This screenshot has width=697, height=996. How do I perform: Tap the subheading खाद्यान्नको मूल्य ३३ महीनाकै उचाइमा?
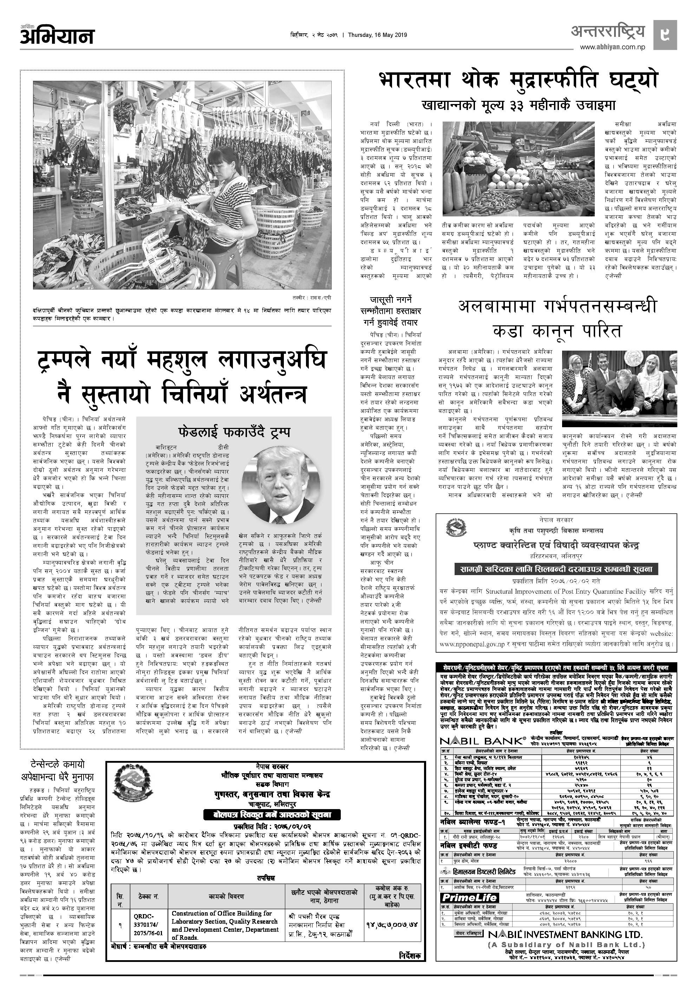pyautogui.click(x=518, y=105)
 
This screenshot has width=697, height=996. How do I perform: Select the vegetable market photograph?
pyautogui.click(x=518, y=168)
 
